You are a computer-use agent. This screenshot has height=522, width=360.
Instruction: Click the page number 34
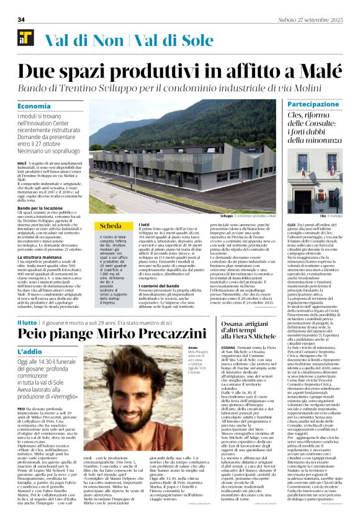20,20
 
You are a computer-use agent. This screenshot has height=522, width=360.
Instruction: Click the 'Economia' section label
34,106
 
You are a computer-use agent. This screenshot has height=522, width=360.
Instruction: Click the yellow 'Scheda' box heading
110,225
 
